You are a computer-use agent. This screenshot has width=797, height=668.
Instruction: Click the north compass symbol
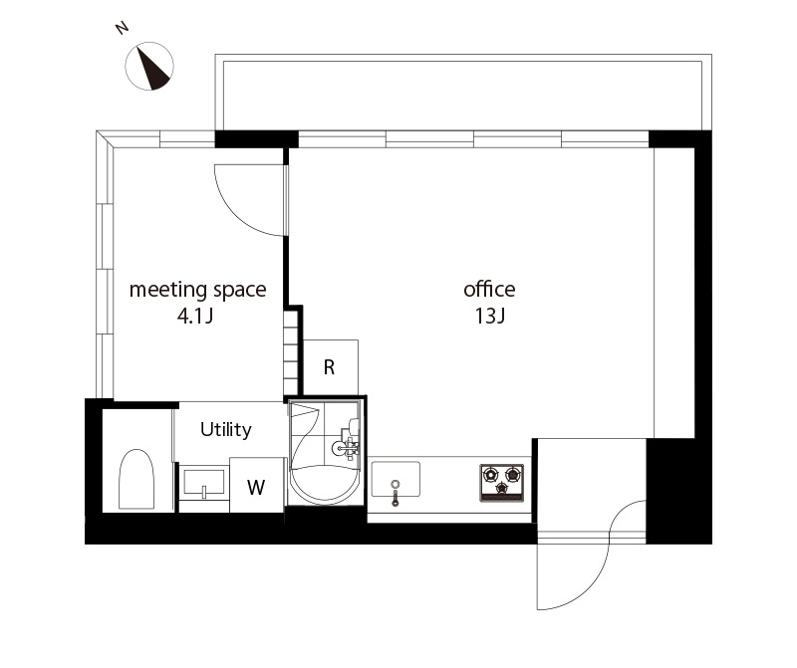(x=149, y=66)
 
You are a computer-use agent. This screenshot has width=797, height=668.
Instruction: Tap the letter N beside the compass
(x=122, y=28)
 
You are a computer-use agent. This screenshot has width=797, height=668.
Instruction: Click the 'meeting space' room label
(x=197, y=290)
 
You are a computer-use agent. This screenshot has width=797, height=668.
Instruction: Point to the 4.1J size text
(x=195, y=316)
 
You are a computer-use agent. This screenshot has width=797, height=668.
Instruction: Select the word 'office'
(x=489, y=289)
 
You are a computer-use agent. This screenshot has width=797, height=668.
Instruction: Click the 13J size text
(x=490, y=316)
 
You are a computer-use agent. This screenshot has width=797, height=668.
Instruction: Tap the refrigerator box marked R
(x=331, y=366)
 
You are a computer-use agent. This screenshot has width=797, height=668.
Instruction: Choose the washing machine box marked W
(x=256, y=485)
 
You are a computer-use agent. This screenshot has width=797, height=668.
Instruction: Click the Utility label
(x=226, y=430)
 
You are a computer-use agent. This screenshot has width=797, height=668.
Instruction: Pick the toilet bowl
(x=136, y=479)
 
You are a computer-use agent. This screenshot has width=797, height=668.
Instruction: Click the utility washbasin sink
(x=203, y=482)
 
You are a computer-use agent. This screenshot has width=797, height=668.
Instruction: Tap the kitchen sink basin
(x=396, y=479)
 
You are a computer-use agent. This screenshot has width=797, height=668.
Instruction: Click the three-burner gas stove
(x=502, y=483)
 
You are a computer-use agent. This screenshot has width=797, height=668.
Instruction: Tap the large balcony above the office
(x=463, y=93)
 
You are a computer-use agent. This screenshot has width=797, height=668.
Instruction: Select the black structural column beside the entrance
(x=679, y=491)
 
